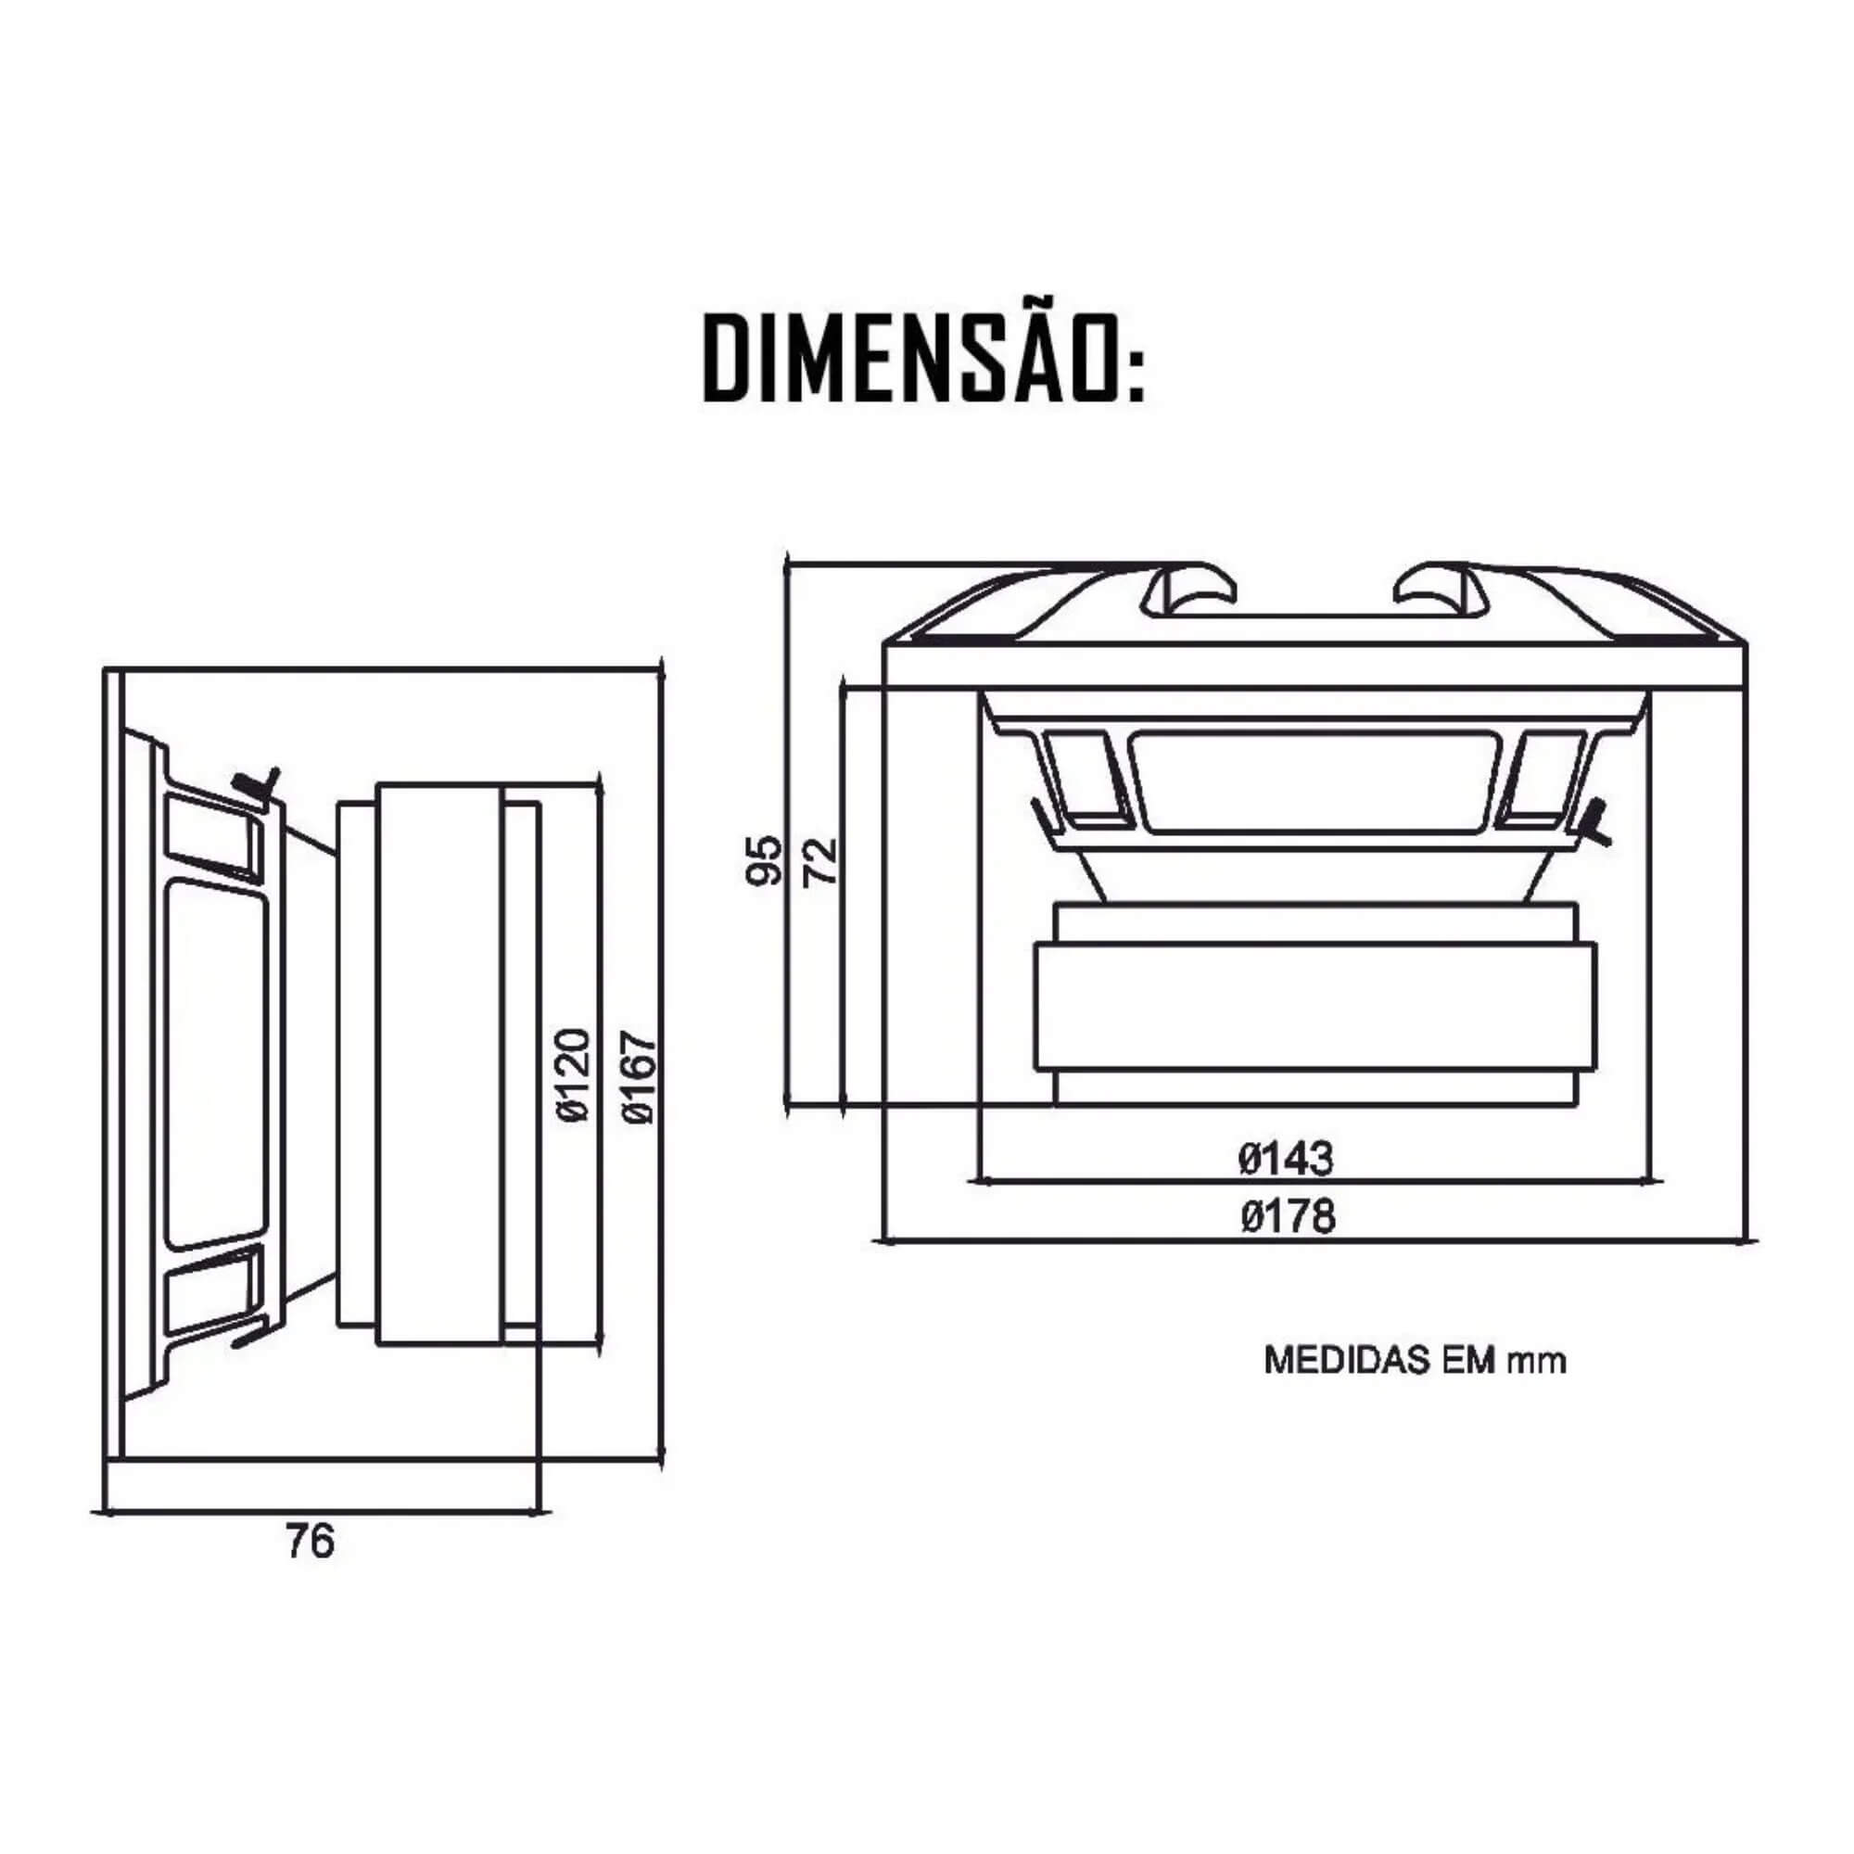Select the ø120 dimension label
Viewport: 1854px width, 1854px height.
point(573,1074)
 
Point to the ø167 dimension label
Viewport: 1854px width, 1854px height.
point(638,1075)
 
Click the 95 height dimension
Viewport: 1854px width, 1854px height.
point(765,860)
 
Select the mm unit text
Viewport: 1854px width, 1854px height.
point(1536,1362)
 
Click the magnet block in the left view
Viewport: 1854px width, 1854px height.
point(438,1063)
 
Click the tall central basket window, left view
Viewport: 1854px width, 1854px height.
point(217,1065)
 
